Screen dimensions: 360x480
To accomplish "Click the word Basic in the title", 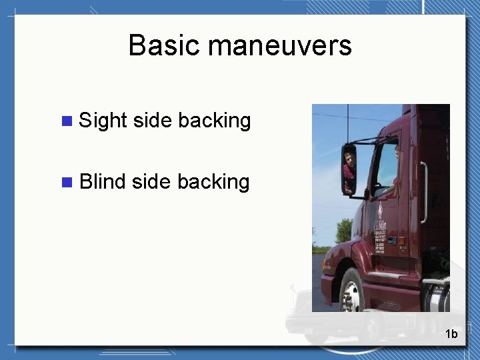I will (165, 46).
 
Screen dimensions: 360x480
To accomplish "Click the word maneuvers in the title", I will (279, 46).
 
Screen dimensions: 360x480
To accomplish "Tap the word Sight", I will (103, 121).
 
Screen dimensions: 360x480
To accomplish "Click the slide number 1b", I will (451, 334).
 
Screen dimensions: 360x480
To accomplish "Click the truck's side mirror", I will (349, 169).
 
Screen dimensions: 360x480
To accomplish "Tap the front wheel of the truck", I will (351, 293).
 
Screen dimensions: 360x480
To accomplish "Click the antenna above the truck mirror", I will (347, 123).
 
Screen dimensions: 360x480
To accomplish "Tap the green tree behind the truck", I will (343, 230).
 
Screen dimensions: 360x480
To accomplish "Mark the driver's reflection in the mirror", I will (348, 167).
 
